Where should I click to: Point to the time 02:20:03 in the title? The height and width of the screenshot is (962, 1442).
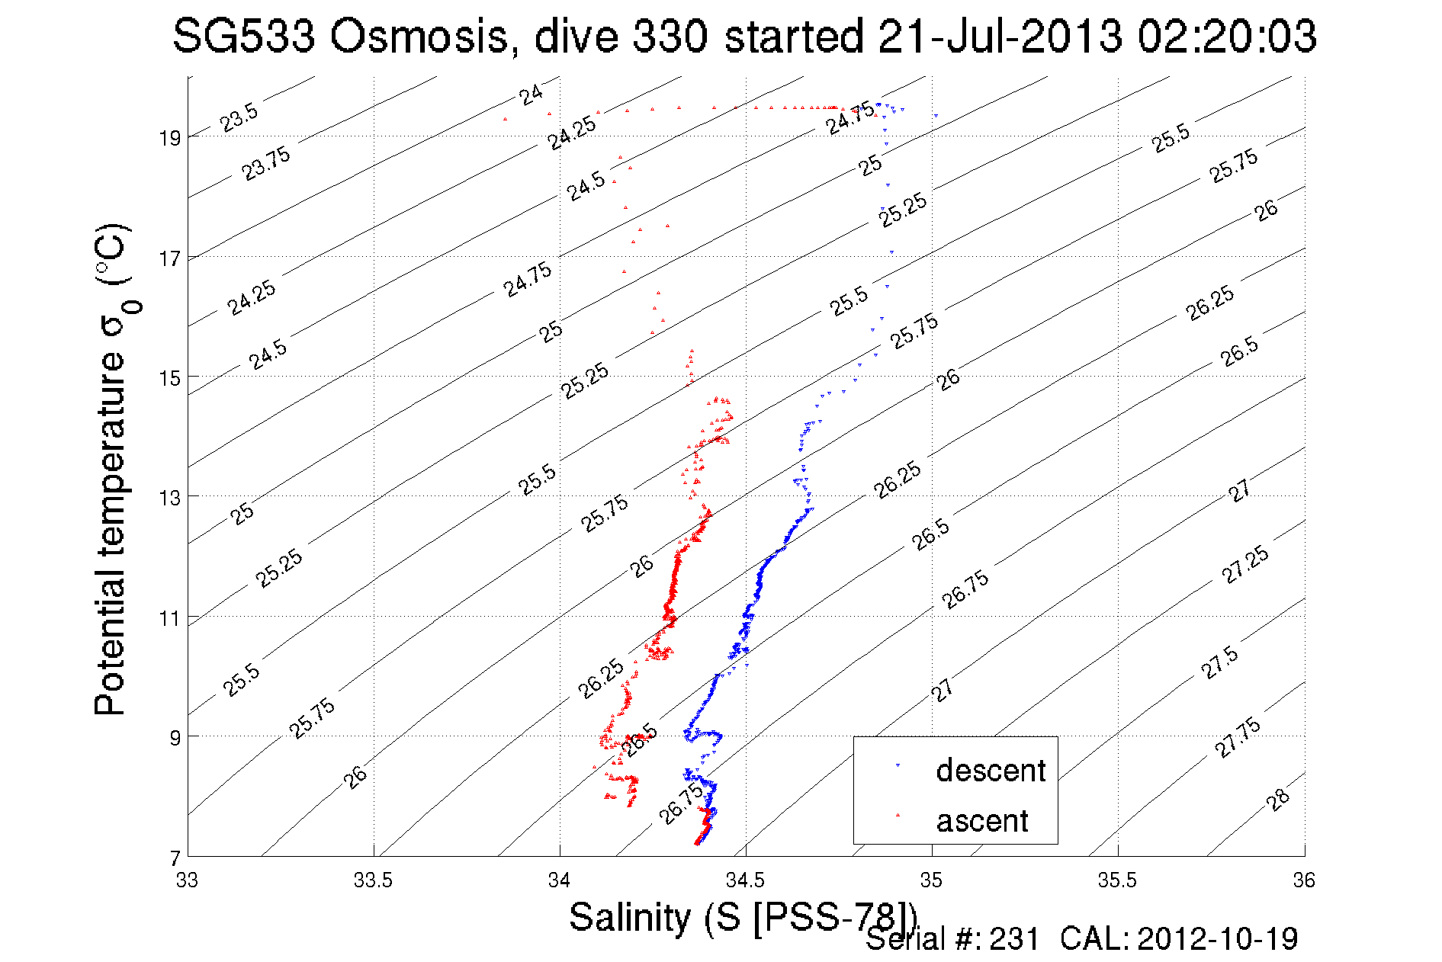click(x=1227, y=37)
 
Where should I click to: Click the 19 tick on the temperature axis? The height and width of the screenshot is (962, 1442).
click(x=170, y=138)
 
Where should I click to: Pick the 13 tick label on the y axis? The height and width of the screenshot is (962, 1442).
click(x=170, y=498)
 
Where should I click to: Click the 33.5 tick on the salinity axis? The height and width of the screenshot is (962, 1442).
click(x=373, y=880)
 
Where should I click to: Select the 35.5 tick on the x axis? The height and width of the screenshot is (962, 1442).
click(x=1117, y=880)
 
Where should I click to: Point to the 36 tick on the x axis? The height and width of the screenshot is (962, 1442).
click(x=1304, y=880)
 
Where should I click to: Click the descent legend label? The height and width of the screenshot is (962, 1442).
click(x=991, y=771)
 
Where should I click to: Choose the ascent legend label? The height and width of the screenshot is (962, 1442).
click(x=982, y=821)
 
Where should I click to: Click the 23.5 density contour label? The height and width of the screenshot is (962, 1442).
click(x=239, y=117)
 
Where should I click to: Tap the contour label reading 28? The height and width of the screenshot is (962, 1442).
click(x=1278, y=800)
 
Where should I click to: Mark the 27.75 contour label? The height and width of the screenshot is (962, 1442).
click(x=1238, y=738)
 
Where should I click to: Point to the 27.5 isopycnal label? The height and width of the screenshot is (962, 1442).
click(x=1220, y=662)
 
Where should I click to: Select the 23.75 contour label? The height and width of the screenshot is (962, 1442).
click(x=266, y=164)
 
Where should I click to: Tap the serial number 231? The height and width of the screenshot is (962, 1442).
click(x=1014, y=939)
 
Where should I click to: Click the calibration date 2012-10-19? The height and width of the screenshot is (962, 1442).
click(x=1218, y=939)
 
